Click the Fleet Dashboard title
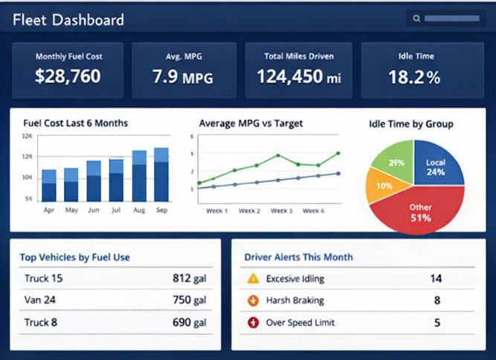(68, 20)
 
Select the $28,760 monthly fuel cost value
(68, 76)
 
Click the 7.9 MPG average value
(183, 76)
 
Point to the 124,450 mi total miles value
(299, 76)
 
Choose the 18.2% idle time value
(414, 77)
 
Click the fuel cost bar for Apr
(49, 186)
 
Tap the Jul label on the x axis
(116, 210)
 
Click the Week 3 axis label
(281, 210)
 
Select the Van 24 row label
(40, 300)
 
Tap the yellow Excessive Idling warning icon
(253, 279)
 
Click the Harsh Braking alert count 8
(437, 300)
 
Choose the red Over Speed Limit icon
(253, 323)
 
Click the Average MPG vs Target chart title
(251, 123)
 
